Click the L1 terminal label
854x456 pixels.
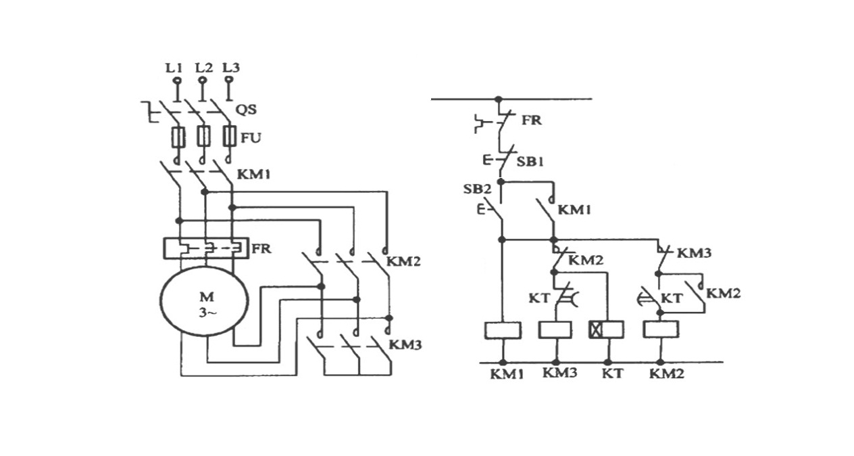click(x=174, y=68)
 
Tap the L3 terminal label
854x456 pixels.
click(x=231, y=68)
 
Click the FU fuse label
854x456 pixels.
click(x=253, y=138)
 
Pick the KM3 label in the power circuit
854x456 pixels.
click(x=407, y=345)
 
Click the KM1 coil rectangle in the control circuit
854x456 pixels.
click(x=503, y=329)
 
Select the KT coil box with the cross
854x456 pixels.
click(x=606, y=329)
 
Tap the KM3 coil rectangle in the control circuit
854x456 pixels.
click(x=555, y=329)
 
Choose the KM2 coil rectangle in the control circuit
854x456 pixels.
click(x=661, y=329)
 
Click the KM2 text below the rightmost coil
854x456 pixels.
click(x=666, y=372)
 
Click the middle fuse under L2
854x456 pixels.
click(x=203, y=137)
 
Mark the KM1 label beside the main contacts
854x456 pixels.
click(x=253, y=175)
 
